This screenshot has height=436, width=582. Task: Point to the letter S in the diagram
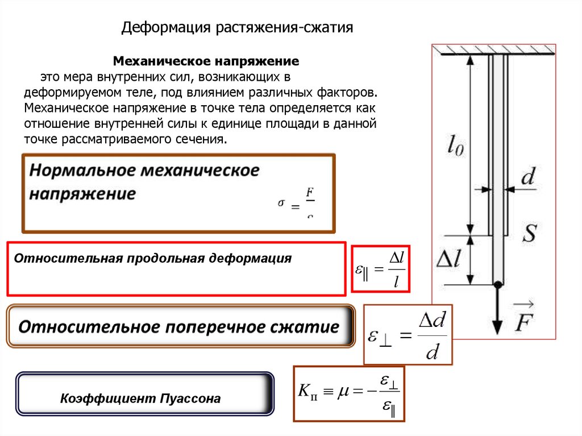(x=529, y=232)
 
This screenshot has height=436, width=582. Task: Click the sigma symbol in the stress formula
(x=281, y=202)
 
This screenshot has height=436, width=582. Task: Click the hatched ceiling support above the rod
(x=494, y=51)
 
